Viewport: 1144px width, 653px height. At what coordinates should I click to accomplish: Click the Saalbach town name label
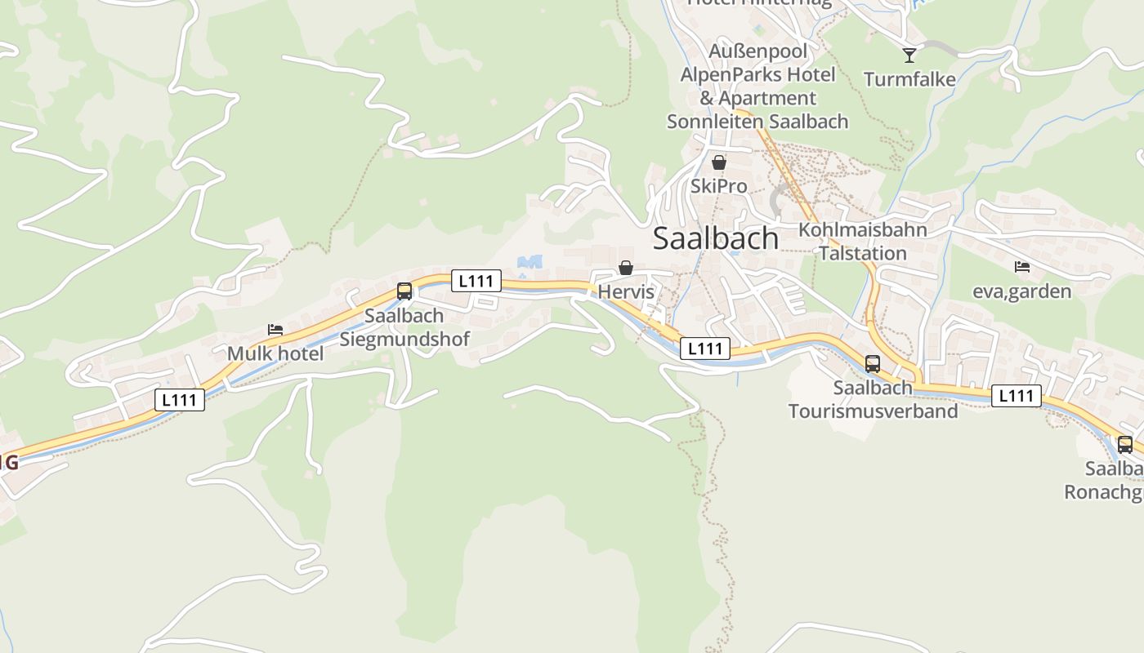click(716, 238)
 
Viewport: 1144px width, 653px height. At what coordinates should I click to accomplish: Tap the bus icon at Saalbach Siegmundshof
click(404, 291)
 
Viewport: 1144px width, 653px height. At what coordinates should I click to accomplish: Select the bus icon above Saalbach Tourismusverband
click(873, 363)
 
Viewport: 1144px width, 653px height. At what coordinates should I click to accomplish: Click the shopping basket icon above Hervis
click(625, 268)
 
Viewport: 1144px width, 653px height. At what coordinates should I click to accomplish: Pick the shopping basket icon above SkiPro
click(718, 162)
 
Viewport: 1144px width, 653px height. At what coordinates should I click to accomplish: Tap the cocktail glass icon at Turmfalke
click(909, 56)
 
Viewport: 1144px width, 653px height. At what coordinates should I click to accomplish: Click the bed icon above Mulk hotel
click(275, 330)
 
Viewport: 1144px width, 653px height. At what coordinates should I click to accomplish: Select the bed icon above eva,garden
click(1021, 266)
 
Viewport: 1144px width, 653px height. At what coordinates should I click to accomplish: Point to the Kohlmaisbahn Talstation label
click(863, 241)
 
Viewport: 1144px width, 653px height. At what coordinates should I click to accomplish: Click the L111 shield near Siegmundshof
click(476, 281)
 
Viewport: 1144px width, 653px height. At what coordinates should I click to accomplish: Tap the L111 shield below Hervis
click(704, 349)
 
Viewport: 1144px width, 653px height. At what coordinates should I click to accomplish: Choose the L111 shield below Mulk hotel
click(179, 400)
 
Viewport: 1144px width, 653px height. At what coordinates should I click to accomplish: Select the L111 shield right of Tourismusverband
click(1017, 396)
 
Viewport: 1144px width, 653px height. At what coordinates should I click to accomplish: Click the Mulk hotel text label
click(275, 353)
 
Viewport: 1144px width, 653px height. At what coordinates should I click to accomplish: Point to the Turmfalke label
click(909, 79)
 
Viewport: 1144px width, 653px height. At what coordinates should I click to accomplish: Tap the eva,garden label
click(1021, 291)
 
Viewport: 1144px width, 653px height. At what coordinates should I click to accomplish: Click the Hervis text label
click(626, 291)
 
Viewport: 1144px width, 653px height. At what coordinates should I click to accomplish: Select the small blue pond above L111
click(530, 262)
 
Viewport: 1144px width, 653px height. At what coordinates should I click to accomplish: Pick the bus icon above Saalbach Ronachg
click(1124, 444)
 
